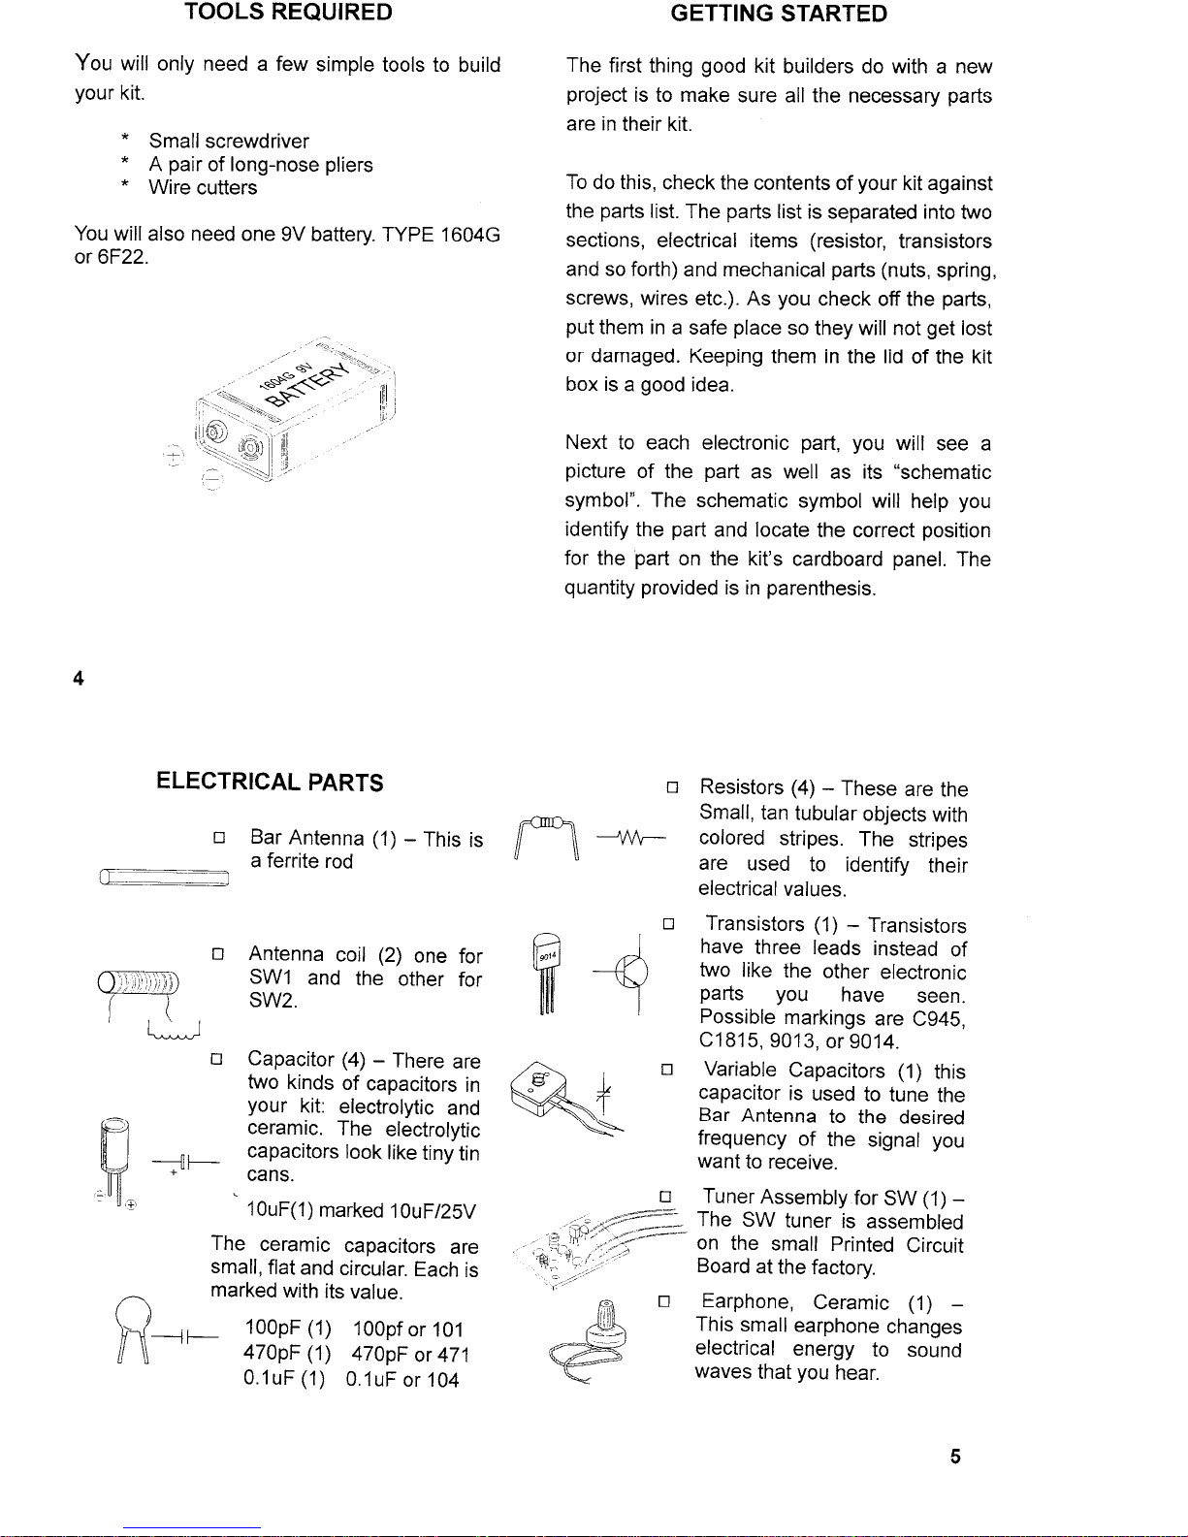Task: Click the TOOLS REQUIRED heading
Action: tap(288, 13)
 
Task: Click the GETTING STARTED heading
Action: tap(779, 14)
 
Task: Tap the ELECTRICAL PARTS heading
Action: tap(270, 783)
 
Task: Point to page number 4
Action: tap(79, 679)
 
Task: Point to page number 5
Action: tap(955, 1457)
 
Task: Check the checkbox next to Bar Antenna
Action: tap(219, 837)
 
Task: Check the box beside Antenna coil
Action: tap(218, 954)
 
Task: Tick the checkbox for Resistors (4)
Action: tap(670, 786)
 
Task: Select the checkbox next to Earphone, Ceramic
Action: tap(664, 1300)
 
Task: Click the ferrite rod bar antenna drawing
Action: tap(164, 878)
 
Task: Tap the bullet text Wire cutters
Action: tap(203, 188)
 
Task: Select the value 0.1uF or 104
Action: tap(401, 1380)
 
